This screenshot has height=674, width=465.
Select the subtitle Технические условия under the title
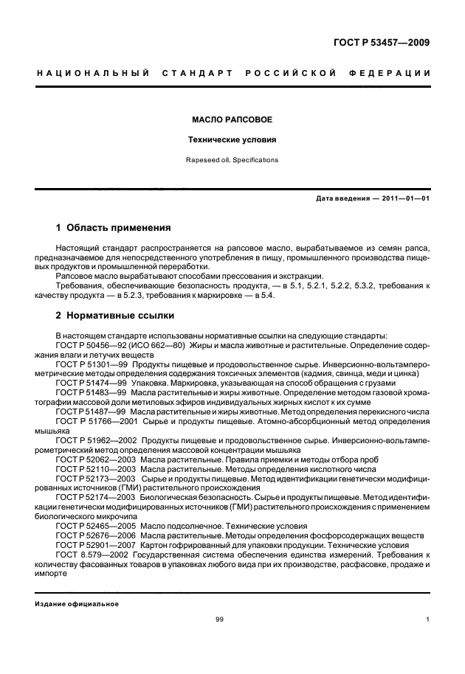(232, 139)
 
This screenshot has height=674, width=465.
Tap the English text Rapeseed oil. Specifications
(232, 159)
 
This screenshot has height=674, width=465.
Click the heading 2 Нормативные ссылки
(115, 316)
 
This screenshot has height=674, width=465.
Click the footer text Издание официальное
(77, 604)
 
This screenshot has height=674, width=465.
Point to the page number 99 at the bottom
(219, 619)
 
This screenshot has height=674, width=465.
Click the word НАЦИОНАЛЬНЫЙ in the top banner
(93, 72)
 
